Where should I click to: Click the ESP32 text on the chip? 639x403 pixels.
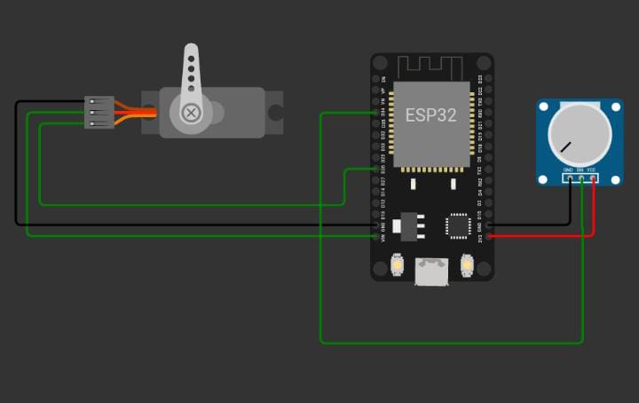click(x=431, y=115)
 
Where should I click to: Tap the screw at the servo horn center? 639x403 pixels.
click(x=191, y=113)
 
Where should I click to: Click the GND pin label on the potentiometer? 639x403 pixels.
click(x=568, y=170)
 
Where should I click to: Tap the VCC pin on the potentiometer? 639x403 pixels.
click(x=592, y=178)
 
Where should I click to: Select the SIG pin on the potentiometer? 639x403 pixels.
click(x=580, y=178)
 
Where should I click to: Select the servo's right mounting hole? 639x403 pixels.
click(x=275, y=113)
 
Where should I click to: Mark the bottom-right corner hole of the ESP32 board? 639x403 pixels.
click(x=484, y=273)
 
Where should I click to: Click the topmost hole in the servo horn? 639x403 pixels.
click(x=191, y=52)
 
